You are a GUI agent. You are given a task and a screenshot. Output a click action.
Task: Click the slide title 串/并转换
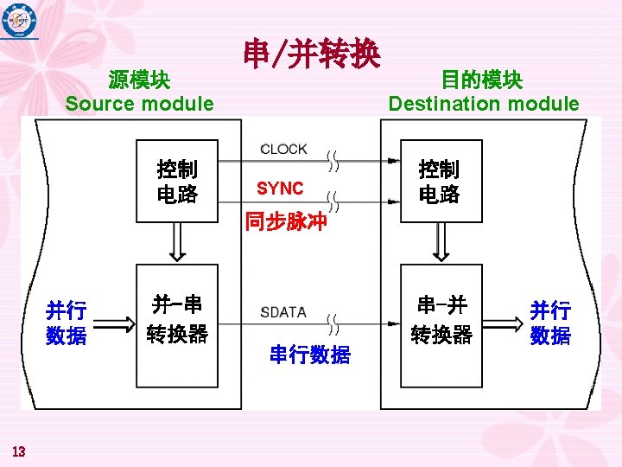tap(312, 54)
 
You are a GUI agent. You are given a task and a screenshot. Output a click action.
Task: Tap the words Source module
tap(139, 104)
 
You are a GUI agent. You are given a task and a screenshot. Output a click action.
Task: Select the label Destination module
tap(483, 104)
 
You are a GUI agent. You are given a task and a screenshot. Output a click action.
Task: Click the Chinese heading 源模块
tap(139, 80)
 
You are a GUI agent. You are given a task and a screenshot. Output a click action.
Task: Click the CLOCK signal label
tap(283, 149)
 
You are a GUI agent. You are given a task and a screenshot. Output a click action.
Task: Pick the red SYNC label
tap(280, 189)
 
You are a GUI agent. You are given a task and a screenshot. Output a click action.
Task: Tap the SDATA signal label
tap(282, 311)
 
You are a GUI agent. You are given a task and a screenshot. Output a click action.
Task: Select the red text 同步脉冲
tap(286, 221)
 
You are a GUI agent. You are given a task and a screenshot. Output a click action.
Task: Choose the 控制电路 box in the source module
tap(177, 182)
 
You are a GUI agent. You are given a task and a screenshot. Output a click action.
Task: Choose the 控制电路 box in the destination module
tap(440, 182)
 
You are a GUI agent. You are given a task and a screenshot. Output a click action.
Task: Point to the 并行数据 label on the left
tap(67, 323)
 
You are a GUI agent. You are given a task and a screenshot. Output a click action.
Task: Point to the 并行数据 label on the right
tap(550, 323)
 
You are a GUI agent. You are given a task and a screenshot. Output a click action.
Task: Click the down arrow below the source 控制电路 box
tap(176, 241)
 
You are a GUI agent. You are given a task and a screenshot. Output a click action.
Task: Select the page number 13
tap(19, 450)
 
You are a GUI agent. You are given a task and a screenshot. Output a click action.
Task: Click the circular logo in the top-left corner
tap(19, 20)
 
